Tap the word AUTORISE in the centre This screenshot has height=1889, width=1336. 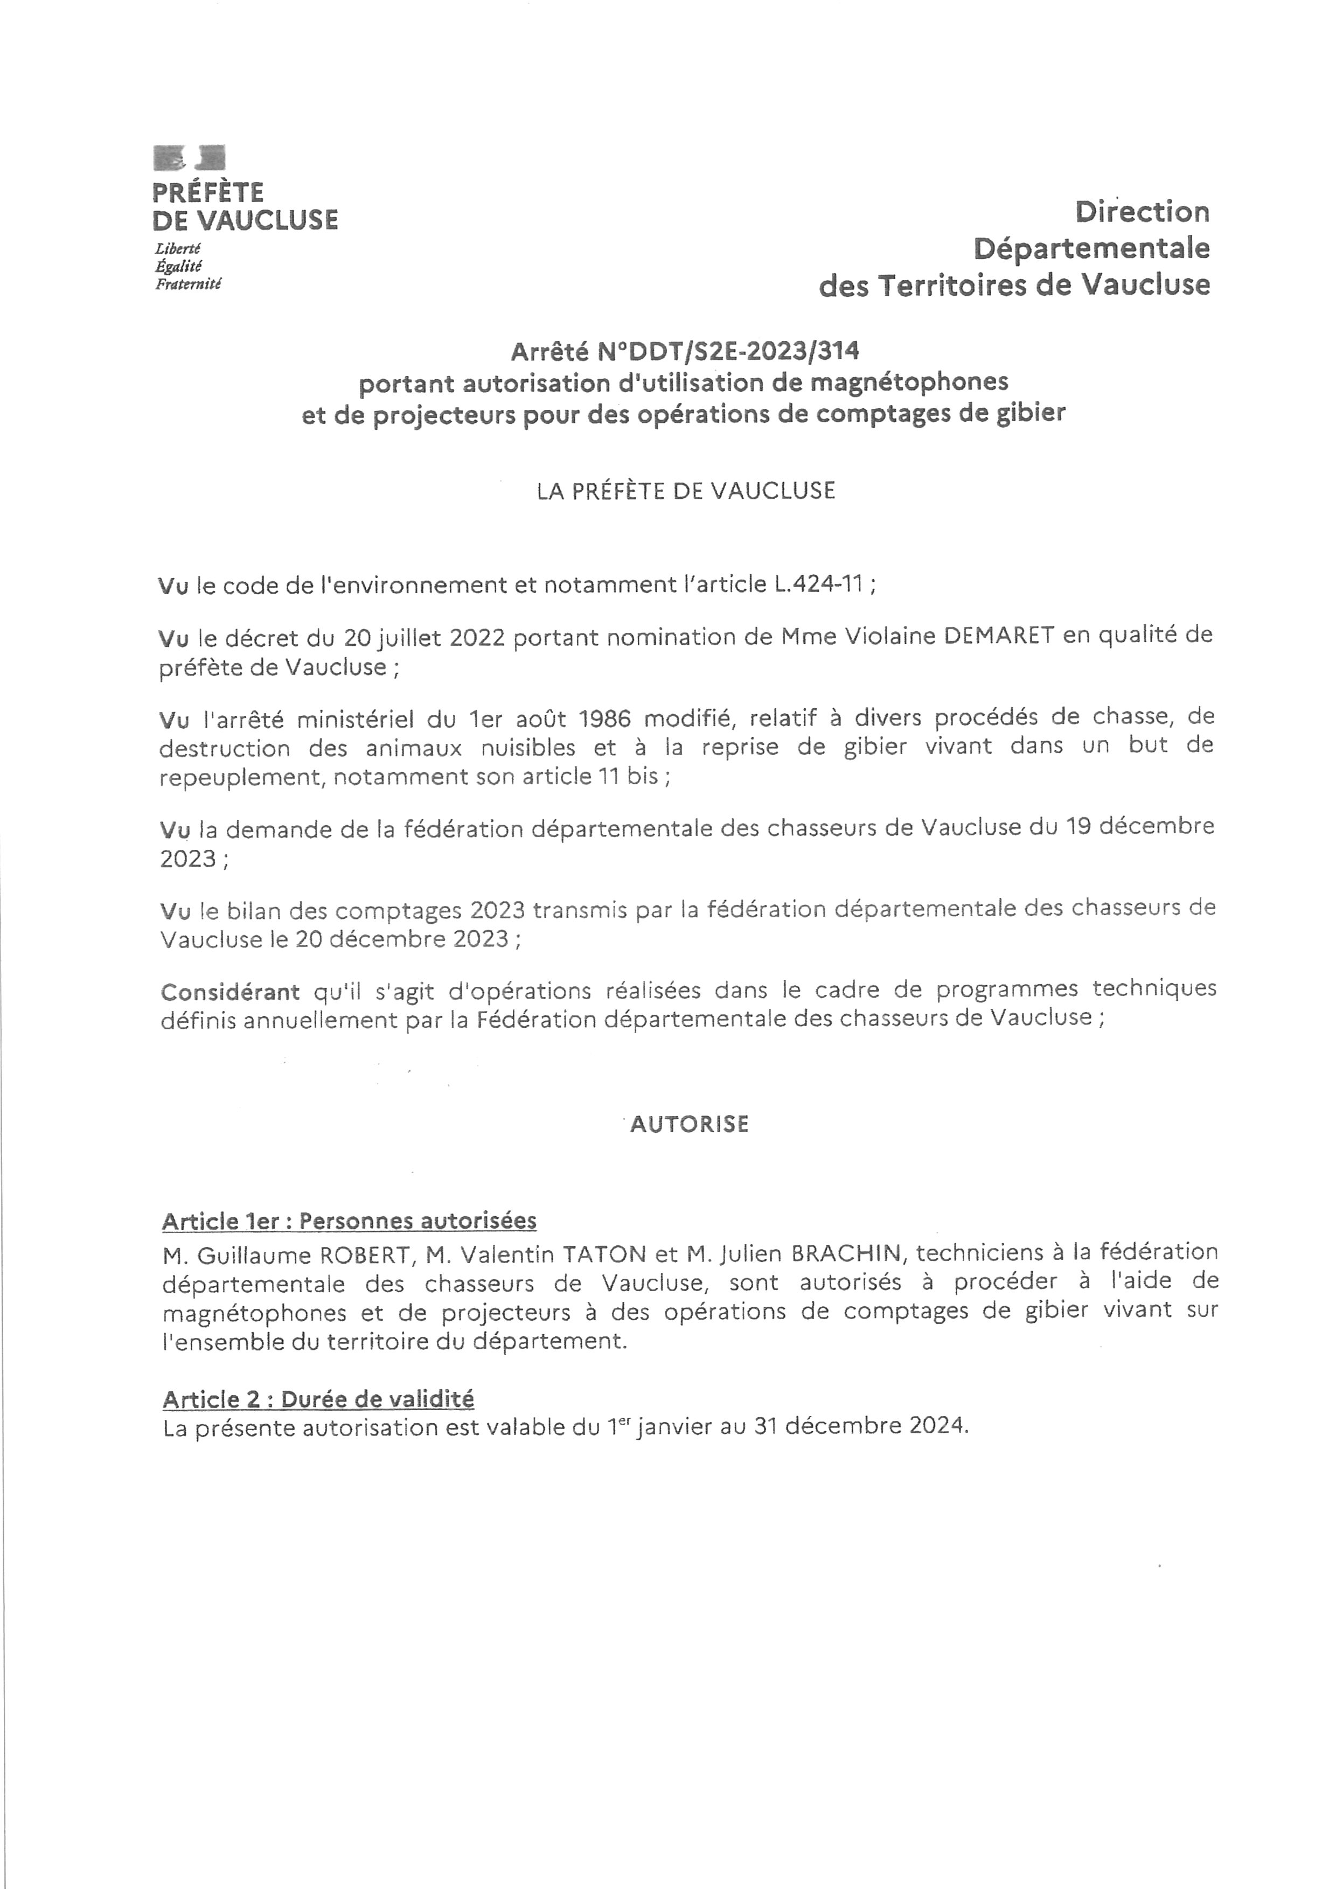click(x=690, y=1124)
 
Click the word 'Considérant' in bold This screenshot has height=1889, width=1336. click(x=231, y=992)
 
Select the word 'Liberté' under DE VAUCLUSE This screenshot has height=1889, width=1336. click(x=178, y=248)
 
